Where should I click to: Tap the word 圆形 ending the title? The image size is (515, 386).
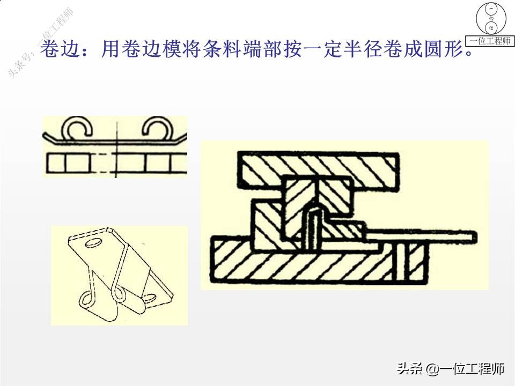[450, 52]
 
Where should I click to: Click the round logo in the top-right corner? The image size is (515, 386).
[490, 18]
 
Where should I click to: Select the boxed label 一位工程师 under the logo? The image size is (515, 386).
[490, 41]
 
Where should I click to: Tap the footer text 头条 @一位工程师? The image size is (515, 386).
[451, 369]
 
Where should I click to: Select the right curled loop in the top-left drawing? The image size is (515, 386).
[156, 130]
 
